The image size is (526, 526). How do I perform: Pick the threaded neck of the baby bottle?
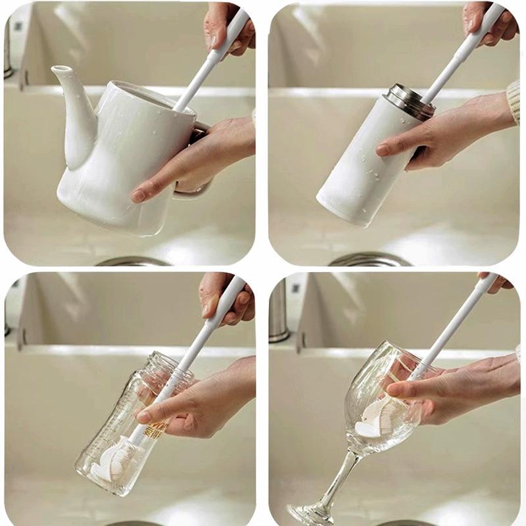coord(167,368)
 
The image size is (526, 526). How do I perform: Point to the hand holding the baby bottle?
coord(197,401)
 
